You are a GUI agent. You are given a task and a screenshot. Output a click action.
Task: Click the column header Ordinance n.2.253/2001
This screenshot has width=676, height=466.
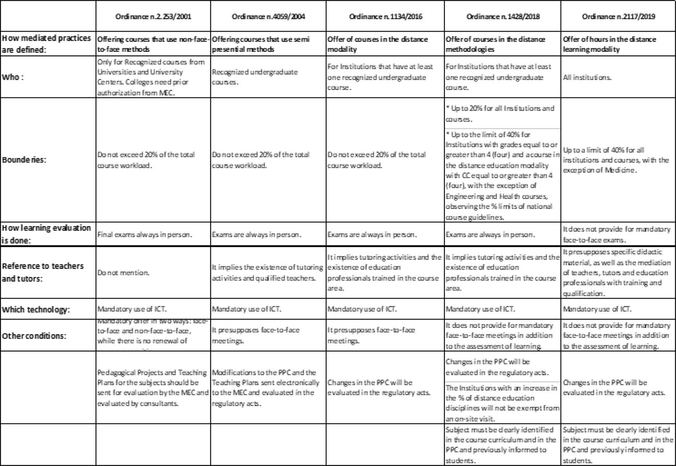153,17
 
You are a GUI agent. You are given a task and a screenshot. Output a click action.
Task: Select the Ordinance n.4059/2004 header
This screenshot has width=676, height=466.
268,17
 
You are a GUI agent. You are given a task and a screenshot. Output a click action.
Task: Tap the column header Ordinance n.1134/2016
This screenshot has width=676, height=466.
385,17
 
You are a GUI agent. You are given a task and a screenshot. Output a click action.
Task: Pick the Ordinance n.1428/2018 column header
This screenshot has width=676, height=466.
502,17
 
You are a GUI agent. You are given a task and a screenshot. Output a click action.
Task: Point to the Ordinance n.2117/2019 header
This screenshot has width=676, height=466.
618,17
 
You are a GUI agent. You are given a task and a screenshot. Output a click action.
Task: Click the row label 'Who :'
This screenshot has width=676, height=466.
14,77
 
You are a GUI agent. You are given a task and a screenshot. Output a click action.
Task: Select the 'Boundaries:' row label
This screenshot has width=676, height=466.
24,160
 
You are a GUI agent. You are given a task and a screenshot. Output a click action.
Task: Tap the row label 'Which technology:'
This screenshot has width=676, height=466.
36,309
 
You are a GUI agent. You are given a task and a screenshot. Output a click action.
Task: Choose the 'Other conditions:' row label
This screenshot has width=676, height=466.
34,336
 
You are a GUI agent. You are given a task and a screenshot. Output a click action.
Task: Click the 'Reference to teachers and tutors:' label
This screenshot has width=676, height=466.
43,272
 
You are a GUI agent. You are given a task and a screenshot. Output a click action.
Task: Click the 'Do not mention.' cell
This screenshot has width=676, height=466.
123,272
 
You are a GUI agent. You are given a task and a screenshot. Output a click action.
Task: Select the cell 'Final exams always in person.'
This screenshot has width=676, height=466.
145,235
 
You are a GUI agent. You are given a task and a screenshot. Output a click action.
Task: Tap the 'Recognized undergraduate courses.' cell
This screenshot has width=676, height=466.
255,77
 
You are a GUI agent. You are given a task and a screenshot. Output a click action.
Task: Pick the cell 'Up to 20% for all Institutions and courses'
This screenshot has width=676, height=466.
499,114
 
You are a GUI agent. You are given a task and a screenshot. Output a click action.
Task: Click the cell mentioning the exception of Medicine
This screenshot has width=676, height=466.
616,160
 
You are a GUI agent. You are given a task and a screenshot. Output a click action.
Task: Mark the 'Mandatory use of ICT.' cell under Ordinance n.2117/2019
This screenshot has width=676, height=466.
597,309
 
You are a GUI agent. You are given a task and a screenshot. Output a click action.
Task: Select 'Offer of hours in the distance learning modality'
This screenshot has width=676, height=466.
609,44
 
